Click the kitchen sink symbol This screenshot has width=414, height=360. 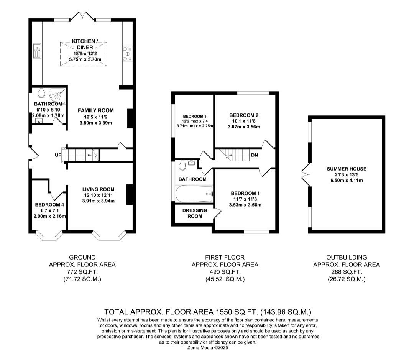[37, 51]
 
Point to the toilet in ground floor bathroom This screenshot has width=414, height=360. [41, 92]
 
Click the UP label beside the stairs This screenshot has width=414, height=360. [58, 155]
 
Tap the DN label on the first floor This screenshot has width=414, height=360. [255, 155]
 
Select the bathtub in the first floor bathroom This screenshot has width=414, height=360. [194, 194]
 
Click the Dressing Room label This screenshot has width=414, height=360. [195, 213]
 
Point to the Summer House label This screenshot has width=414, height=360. [347, 169]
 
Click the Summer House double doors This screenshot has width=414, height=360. [306, 174]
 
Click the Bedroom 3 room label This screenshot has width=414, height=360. [195, 117]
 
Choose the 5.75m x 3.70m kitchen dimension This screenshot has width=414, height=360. [85, 59]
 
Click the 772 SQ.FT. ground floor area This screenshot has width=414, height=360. [82, 272]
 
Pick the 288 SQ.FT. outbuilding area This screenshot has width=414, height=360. [347, 272]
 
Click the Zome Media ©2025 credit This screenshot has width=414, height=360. [207, 348]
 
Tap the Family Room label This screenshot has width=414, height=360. [96, 110]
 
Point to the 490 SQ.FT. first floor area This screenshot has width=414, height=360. [225, 272]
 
